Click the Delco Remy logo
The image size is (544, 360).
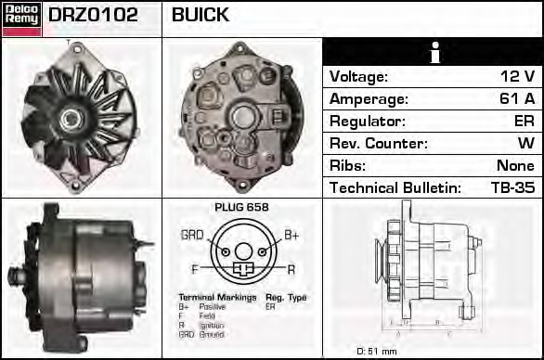point(20,18)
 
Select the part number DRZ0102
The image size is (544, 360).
point(93,16)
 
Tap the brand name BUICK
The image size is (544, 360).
point(201,16)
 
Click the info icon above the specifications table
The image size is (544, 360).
point(432,52)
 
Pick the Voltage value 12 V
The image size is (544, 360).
point(516,77)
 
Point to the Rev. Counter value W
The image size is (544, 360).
point(526,144)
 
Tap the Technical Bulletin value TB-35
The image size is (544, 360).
point(512,188)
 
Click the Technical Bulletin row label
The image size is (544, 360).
point(395,188)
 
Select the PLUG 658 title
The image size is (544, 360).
point(241,207)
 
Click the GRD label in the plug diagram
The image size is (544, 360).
point(192,235)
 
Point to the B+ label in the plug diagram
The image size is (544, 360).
point(291,235)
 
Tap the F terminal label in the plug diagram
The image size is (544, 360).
point(195,268)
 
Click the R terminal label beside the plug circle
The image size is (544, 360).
point(291,268)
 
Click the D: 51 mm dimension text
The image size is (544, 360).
point(377,351)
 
